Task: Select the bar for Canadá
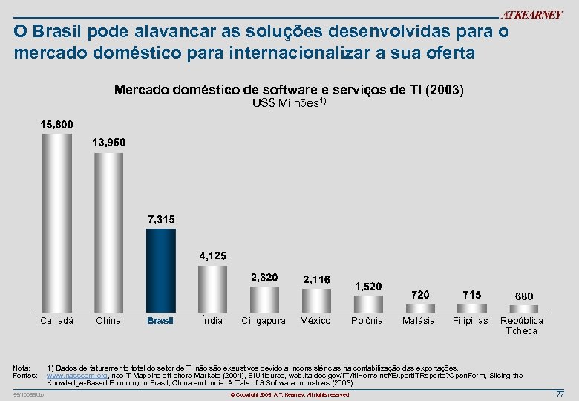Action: (56, 222)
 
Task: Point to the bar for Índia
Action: (212, 288)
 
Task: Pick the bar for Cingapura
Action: (264, 299)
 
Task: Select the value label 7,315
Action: (161, 220)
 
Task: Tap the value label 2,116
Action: (317, 279)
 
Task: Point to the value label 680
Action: (524, 296)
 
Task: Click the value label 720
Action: (420, 295)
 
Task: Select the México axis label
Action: (315, 321)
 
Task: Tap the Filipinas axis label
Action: (471, 321)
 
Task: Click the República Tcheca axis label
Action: (521, 325)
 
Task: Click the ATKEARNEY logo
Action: (531, 15)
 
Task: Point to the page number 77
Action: (560, 393)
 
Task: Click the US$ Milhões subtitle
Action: (288, 103)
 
